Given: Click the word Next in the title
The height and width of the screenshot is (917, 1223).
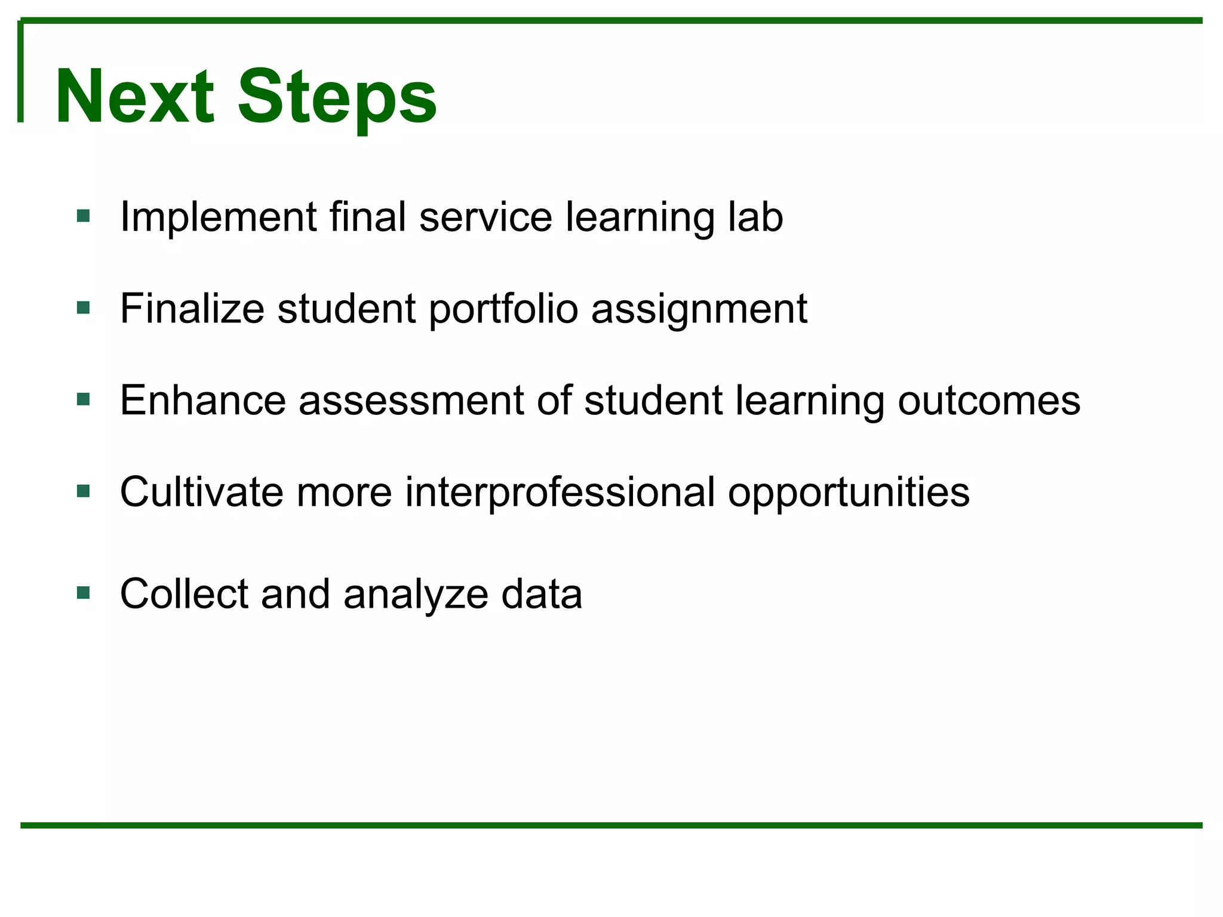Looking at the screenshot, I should [x=134, y=97].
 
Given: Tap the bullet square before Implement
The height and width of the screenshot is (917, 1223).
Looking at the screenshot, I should [x=84, y=216].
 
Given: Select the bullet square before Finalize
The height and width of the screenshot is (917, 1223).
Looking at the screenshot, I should [x=84, y=307].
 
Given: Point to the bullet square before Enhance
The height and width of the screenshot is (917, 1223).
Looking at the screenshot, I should [x=84, y=399].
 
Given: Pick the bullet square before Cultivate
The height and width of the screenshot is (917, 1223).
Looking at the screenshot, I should [x=84, y=491].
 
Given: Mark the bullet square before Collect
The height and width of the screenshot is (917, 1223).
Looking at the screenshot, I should [x=84, y=593].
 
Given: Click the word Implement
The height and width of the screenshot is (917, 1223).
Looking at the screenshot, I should [x=218, y=217].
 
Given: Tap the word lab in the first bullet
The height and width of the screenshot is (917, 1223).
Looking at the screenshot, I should [x=755, y=217].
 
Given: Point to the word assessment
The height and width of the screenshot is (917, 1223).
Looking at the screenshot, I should [x=411, y=400].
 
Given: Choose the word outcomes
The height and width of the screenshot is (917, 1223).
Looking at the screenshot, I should [x=989, y=400].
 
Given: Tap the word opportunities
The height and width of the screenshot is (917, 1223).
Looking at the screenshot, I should [x=848, y=493].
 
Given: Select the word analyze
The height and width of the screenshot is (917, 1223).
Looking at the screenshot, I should [x=416, y=594].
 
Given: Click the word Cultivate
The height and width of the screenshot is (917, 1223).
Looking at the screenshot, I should [x=201, y=493].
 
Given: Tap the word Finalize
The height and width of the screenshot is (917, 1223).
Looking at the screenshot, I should [x=192, y=309].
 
